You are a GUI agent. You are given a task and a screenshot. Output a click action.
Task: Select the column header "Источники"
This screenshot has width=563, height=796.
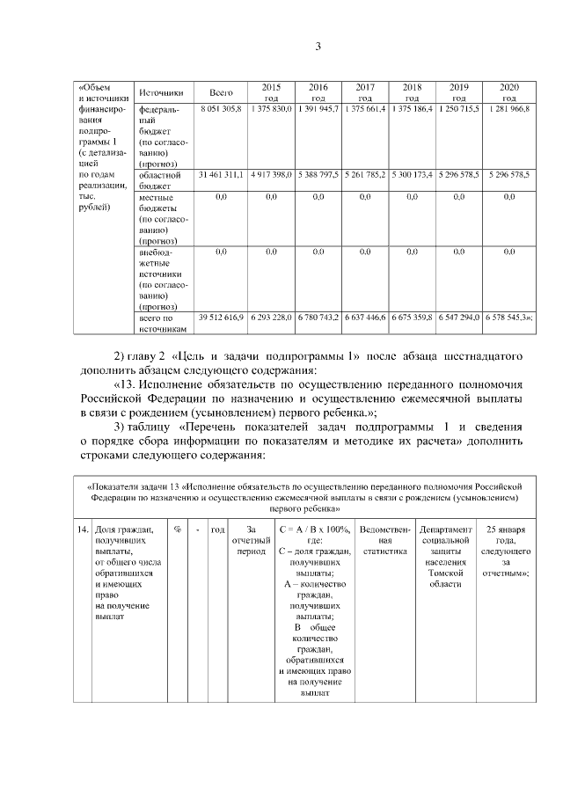(160, 92)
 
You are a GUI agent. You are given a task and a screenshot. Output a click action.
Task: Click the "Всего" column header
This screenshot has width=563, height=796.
(221, 92)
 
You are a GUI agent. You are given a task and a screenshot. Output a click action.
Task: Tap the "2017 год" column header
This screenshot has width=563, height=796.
(365, 92)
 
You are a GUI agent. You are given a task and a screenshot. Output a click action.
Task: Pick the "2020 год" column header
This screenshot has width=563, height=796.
(508, 92)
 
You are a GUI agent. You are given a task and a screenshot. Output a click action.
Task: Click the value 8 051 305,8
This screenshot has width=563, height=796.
(221, 107)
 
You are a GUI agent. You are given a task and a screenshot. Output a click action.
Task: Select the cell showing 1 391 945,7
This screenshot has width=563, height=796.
(318, 107)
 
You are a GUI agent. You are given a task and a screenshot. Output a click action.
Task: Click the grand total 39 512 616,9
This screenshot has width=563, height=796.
(221, 316)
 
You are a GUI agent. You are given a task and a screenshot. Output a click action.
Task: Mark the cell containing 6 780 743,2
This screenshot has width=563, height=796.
(318, 316)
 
